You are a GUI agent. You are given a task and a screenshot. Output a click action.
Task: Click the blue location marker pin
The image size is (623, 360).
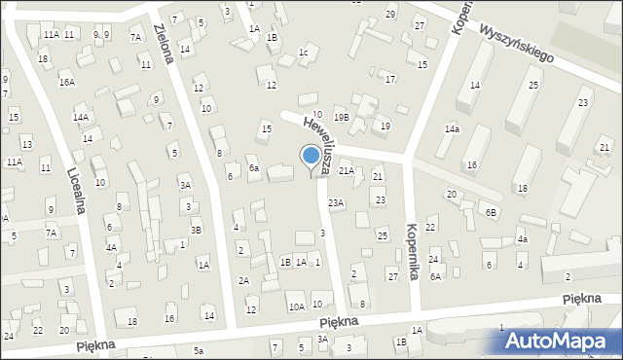(x=311, y=158)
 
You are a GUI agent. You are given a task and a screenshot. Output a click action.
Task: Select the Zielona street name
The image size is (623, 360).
(x=170, y=46)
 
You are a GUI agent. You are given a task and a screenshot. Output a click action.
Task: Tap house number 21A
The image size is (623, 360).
(x=346, y=171)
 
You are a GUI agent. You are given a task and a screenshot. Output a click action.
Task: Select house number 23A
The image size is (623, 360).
(x=336, y=202)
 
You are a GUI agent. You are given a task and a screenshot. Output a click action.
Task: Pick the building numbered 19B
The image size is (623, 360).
(x=340, y=117)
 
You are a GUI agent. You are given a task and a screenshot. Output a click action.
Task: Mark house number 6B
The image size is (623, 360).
(x=492, y=212)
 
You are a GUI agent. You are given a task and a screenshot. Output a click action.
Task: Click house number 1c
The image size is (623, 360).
(x=303, y=53)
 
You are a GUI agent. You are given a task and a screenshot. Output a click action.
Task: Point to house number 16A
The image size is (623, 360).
(x=67, y=83)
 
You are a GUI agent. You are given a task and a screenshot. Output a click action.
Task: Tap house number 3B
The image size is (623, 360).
(x=196, y=230)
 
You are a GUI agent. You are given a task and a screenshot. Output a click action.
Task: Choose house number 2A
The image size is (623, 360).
(x=244, y=280)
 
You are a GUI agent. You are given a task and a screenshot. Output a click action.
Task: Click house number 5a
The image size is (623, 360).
(x=199, y=350)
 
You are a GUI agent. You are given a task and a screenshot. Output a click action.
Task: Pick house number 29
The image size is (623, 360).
(x=390, y=14)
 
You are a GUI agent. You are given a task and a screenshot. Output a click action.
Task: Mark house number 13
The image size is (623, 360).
(x=27, y=144)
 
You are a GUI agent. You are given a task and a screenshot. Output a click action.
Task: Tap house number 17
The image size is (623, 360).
(x=390, y=79)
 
